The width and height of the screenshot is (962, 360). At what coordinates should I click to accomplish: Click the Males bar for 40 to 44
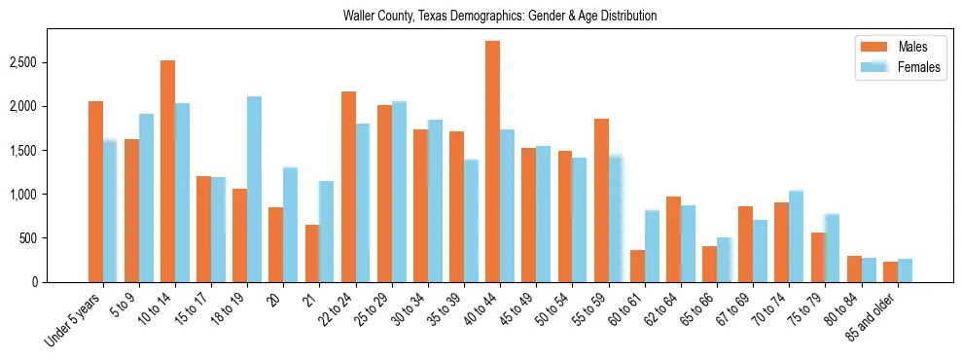click(x=492, y=162)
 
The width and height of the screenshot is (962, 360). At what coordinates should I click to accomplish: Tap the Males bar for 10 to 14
click(x=167, y=171)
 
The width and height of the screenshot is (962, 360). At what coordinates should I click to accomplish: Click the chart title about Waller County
click(x=500, y=17)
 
